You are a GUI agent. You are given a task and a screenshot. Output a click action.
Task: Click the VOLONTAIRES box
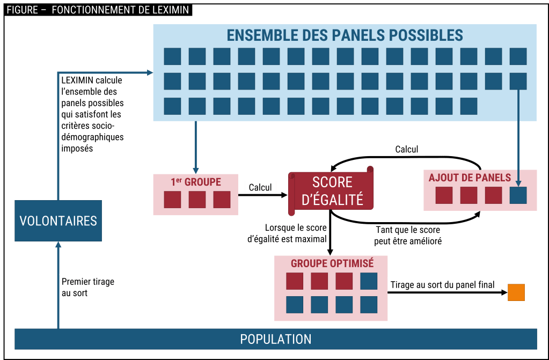[x=58, y=221]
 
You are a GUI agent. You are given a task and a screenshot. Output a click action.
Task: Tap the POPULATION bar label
[x=275, y=339]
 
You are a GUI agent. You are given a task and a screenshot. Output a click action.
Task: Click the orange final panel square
[x=516, y=292]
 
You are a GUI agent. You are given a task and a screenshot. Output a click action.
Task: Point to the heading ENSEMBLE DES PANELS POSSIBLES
[x=345, y=35]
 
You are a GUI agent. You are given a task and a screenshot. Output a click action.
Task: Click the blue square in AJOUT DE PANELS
[x=518, y=195]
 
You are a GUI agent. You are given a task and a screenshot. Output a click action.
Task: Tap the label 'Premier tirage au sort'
[x=88, y=287]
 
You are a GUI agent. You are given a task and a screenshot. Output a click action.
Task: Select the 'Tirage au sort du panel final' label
[x=443, y=285]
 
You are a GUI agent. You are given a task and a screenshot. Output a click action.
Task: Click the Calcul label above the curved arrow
[x=406, y=149]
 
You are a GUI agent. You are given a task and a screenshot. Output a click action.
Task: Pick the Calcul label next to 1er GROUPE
[x=260, y=187]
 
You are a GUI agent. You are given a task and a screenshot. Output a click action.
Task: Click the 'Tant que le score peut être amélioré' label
[x=408, y=236]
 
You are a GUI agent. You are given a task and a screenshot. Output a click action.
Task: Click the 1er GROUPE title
[x=196, y=182]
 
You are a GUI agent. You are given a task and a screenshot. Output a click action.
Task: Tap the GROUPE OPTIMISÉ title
[x=332, y=263]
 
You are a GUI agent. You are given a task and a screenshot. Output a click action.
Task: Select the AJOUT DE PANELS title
[x=470, y=178]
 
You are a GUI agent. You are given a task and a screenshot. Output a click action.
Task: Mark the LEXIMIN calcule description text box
[x=92, y=114]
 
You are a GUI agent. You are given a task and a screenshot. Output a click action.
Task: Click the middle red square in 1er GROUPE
[x=197, y=200]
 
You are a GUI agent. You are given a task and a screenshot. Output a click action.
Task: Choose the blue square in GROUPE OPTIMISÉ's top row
[x=369, y=281]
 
